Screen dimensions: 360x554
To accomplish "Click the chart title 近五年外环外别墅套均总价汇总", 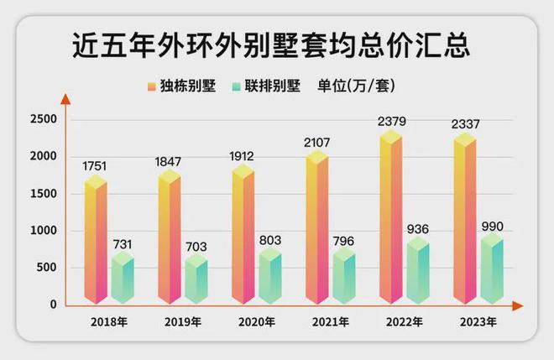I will [270, 43].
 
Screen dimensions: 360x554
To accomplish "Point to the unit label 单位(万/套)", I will [356, 86].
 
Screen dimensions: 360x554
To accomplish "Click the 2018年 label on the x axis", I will [109, 321].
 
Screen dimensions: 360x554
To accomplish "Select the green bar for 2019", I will [196, 281].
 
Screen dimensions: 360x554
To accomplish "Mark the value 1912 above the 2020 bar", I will [243, 154].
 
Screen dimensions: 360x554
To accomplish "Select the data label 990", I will [492, 226].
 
